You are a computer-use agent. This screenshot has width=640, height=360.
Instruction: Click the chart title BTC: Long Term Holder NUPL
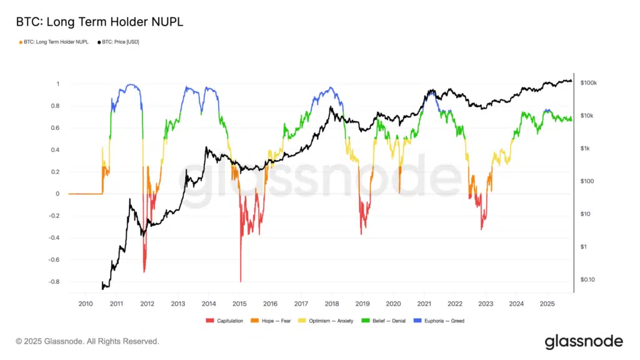coord(99,22)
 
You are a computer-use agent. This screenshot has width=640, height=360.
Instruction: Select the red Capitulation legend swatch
coord(209,321)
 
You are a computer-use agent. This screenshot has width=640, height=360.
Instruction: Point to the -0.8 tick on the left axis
coord(54,282)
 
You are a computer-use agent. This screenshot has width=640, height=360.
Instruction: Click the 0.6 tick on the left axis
coord(56,128)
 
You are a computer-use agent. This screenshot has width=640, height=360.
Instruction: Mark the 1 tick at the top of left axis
coord(58,84)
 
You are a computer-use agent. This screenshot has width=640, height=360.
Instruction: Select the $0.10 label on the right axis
coord(588,279)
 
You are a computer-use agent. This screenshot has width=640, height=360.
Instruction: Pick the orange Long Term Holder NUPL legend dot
coord(21,42)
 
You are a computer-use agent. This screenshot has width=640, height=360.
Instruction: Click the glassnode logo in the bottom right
coord(583,341)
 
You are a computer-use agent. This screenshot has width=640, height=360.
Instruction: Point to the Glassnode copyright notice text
coord(87,341)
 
